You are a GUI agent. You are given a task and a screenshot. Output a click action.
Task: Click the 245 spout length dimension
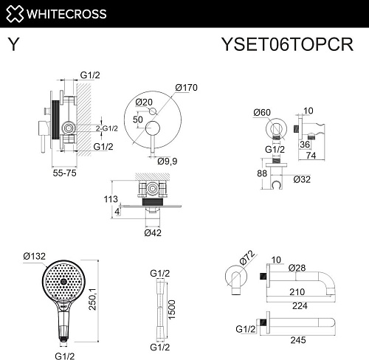297,341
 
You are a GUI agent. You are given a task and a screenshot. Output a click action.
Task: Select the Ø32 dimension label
302,179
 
